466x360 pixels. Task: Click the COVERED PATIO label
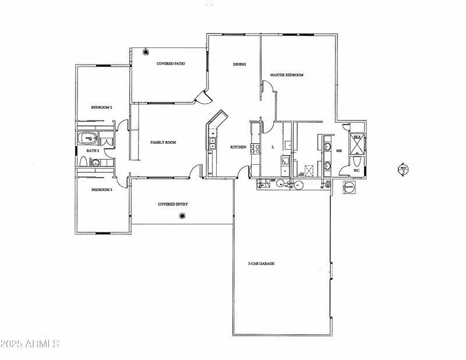coord(171,63)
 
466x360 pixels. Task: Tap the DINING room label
coord(239,64)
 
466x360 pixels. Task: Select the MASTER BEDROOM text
coord(287,75)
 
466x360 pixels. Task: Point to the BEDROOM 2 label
coord(101,107)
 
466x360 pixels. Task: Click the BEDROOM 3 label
coord(101,190)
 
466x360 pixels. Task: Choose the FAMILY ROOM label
coord(163,142)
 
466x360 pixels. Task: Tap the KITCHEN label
coord(238,147)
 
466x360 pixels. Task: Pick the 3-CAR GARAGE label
coord(261,263)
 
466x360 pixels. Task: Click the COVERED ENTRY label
coord(173,204)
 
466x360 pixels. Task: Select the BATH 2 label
coord(93,151)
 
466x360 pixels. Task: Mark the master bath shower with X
coord(357,142)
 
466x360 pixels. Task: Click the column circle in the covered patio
coord(146,52)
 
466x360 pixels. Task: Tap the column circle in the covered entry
coord(182,216)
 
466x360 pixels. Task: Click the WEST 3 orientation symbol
coord(402,170)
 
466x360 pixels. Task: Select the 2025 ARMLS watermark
coord(30,344)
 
